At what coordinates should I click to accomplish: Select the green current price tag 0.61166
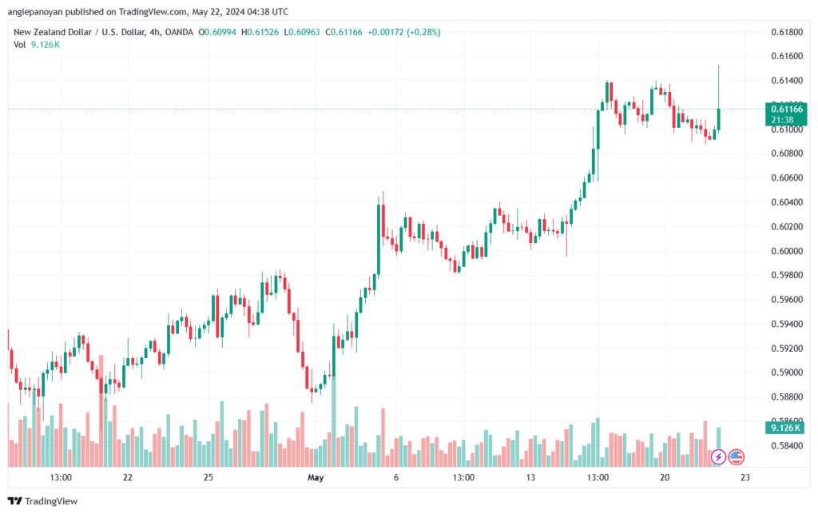coord(787,109)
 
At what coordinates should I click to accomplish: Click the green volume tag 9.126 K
coord(785,428)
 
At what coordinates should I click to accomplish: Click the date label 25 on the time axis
coord(208,477)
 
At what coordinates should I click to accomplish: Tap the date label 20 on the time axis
coord(665,477)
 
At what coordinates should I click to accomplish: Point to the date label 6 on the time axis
coord(396,477)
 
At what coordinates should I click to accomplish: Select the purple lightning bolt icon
coord(718,457)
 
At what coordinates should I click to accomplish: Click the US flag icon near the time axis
coord(736,457)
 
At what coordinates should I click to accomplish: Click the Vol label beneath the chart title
coord(20,45)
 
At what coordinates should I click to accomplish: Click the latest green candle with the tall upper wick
coord(719,118)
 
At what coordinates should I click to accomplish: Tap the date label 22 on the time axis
coord(128,477)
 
